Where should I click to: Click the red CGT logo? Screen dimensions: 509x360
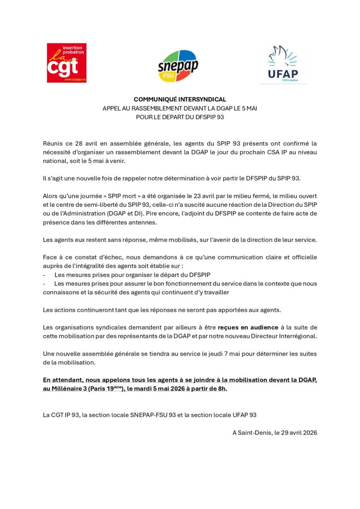pyautogui.click(x=67, y=63)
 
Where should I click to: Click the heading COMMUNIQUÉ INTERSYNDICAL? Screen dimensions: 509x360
pyautogui.click(x=180, y=99)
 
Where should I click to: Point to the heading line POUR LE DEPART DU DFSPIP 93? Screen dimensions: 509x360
pyautogui.click(x=180, y=117)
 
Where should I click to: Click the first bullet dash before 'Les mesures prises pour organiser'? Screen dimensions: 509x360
pyautogui.click(x=45, y=275)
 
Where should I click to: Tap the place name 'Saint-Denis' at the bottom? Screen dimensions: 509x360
pyautogui.click(x=255, y=432)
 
